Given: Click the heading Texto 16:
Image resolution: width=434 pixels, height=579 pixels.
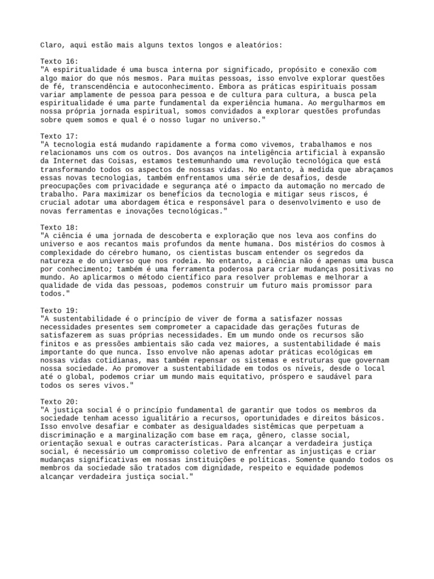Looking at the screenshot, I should [59, 61].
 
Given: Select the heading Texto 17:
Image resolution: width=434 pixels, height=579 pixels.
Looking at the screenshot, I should [59, 136].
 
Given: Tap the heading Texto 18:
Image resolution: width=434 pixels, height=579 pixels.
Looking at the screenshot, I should [59, 227].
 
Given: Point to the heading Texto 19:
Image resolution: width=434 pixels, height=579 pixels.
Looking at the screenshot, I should [59, 310].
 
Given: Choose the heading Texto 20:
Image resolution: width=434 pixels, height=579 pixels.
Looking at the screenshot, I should [59, 401].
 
